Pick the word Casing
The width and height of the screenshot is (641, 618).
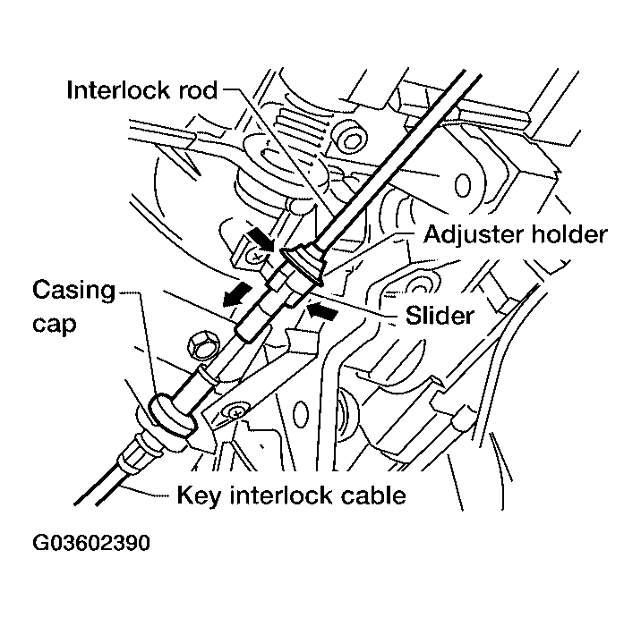74,291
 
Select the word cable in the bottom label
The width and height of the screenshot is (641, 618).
372,495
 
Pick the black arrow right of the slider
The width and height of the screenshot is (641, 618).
324,311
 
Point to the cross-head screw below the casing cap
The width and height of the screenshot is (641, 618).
235,413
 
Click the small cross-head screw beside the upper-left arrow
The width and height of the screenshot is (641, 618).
256,256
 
